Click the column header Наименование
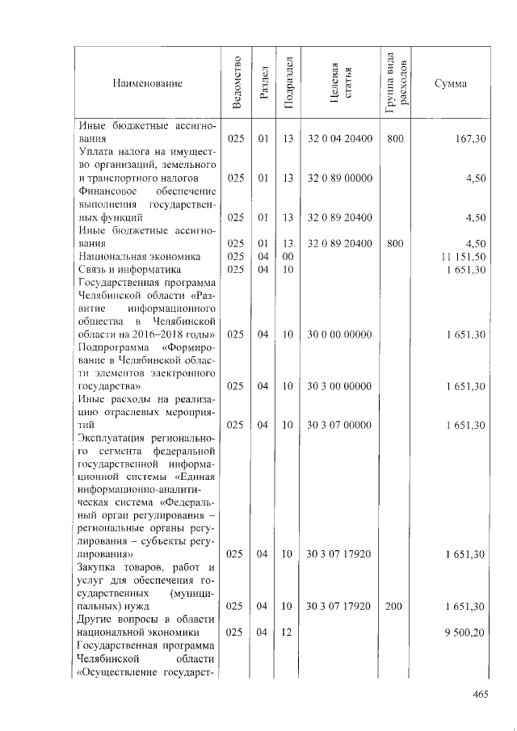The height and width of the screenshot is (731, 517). pyautogui.click(x=147, y=83)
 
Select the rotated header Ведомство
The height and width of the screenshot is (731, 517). pyautogui.click(x=236, y=83)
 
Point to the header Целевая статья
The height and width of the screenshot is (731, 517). pyautogui.click(x=339, y=83)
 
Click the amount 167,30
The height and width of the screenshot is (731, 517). pyautogui.click(x=469, y=140)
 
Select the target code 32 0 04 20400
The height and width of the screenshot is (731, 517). pyautogui.click(x=339, y=140)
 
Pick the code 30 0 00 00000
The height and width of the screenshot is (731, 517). pyautogui.click(x=339, y=334)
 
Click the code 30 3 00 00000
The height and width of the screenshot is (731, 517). pyautogui.click(x=339, y=386)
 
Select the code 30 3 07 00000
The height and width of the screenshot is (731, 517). pyautogui.click(x=339, y=425)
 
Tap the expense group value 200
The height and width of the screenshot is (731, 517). pyautogui.click(x=395, y=606)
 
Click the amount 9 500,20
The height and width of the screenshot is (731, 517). pyautogui.click(x=464, y=632)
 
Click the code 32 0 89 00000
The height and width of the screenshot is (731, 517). pyautogui.click(x=339, y=179)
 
